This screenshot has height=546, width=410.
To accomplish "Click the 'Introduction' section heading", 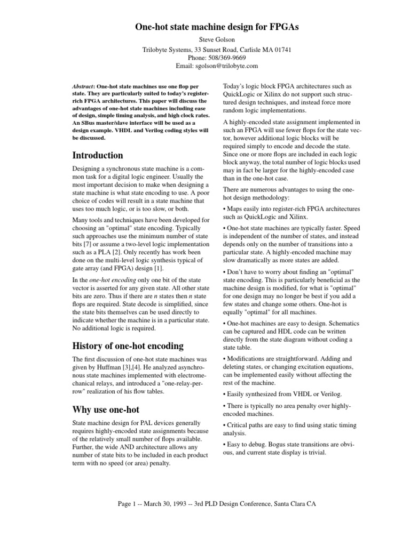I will point(97,155).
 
